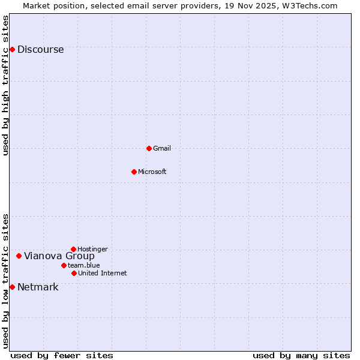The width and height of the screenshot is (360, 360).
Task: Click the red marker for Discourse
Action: (x=12, y=49)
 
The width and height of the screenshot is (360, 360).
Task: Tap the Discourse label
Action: (x=40, y=50)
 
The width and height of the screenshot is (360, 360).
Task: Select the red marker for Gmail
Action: (x=149, y=148)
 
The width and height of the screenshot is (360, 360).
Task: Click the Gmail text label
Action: (x=162, y=148)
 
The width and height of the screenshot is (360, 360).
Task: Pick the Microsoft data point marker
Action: (x=134, y=172)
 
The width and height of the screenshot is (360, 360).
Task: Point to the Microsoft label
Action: (x=152, y=172)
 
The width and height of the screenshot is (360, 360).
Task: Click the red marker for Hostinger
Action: (x=73, y=249)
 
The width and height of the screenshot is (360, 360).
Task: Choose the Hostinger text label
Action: (x=92, y=249)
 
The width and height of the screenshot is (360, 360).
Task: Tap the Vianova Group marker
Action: (x=19, y=256)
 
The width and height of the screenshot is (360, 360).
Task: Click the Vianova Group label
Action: (x=59, y=256)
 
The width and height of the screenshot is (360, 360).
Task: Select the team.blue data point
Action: (x=64, y=265)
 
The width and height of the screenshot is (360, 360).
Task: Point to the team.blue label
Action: (x=83, y=265)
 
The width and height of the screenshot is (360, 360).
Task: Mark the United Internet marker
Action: (x=74, y=273)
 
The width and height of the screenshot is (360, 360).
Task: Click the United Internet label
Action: (x=102, y=273)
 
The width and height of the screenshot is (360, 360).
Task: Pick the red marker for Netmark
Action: (x=12, y=287)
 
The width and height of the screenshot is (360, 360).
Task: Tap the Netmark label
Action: (x=38, y=287)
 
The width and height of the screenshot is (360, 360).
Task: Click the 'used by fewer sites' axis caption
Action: (x=62, y=355)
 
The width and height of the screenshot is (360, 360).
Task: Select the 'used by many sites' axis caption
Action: (x=301, y=355)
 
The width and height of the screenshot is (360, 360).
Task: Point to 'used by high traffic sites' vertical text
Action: (x=6, y=85)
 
